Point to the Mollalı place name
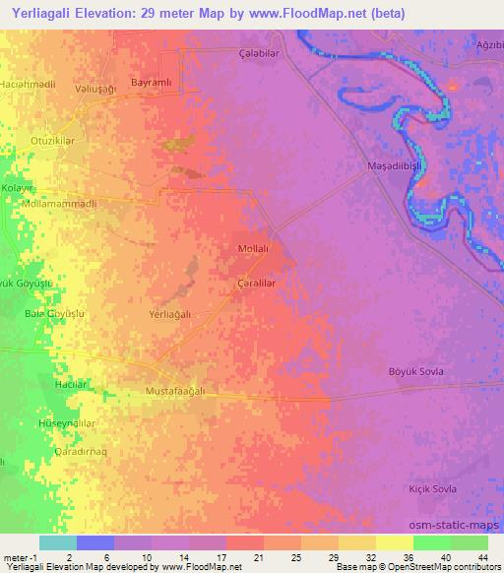(255, 250)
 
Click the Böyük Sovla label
(418, 371)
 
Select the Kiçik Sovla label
(431, 489)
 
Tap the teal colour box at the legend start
(58, 542)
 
